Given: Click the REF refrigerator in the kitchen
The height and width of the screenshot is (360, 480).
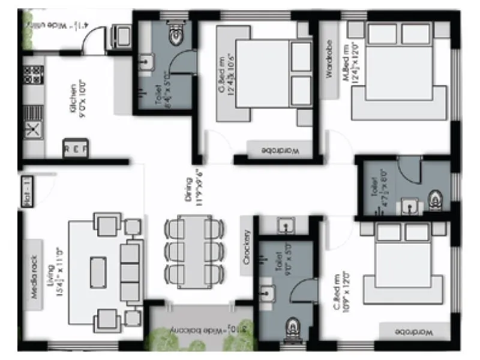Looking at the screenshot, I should click(75, 147).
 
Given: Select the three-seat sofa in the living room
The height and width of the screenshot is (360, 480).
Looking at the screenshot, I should click(128, 266).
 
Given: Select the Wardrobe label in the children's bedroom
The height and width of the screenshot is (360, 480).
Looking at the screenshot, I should click(413, 332).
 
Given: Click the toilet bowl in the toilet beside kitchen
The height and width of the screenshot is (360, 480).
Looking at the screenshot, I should click(175, 36).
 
